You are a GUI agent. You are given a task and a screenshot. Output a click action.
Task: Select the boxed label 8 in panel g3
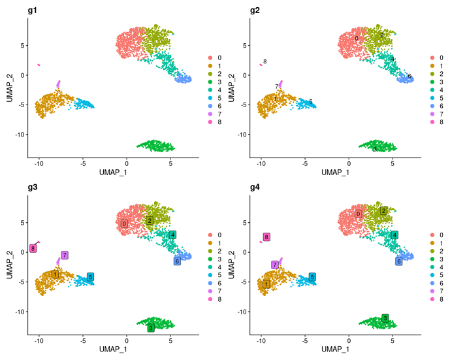click(x=33, y=248)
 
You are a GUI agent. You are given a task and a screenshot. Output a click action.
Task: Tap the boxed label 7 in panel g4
click(x=276, y=265)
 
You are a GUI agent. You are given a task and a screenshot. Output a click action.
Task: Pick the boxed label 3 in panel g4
click(x=385, y=318)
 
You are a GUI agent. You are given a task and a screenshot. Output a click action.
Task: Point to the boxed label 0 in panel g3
click(x=123, y=223)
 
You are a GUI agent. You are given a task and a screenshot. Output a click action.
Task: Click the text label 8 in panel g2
click(x=265, y=61)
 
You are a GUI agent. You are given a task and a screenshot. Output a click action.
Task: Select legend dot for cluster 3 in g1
click(x=210, y=82)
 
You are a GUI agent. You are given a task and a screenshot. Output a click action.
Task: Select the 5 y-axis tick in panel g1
click(x=22, y=45)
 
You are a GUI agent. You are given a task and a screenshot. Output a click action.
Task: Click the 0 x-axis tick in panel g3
click(x=127, y=340)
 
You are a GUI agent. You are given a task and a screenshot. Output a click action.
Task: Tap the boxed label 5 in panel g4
click(x=313, y=277)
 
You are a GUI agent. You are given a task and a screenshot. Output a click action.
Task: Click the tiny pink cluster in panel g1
click(x=39, y=65)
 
